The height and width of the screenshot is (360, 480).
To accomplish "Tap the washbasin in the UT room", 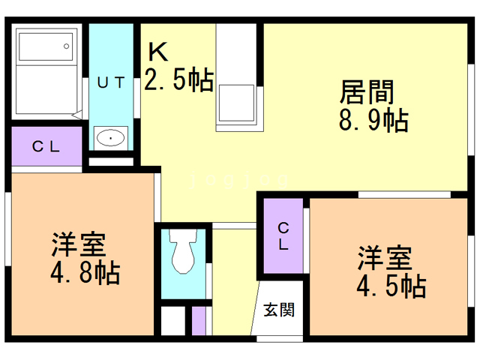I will pyautogui.click(x=111, y=138).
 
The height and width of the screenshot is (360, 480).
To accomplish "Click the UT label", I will pyautogui.click(x=110, y=83).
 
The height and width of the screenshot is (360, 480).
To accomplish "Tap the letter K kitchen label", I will pyautogui.click(x=157, y=52).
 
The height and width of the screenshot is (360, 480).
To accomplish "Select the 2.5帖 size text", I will pyautogui.click(x=178, y=79).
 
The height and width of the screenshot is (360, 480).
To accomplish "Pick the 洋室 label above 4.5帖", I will pyautogui.click(x=383, y=258).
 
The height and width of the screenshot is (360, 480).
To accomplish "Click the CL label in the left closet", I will pyautogui.click(x=46, y=147).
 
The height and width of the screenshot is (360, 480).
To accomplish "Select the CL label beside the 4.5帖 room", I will pyautogui.click(x=283, y=235).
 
